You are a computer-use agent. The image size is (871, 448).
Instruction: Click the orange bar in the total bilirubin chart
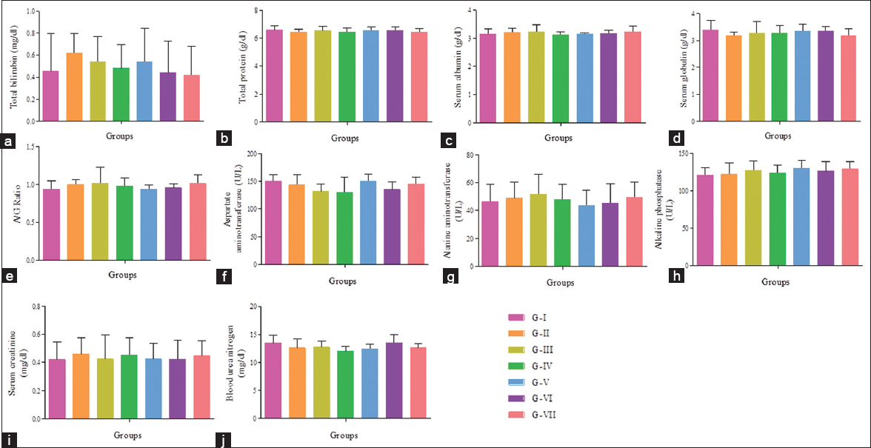(x=74, y=87)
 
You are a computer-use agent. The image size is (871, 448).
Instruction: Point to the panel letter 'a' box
(x=9, y=138)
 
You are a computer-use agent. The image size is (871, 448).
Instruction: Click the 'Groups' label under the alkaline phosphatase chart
(x=776, y=281)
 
